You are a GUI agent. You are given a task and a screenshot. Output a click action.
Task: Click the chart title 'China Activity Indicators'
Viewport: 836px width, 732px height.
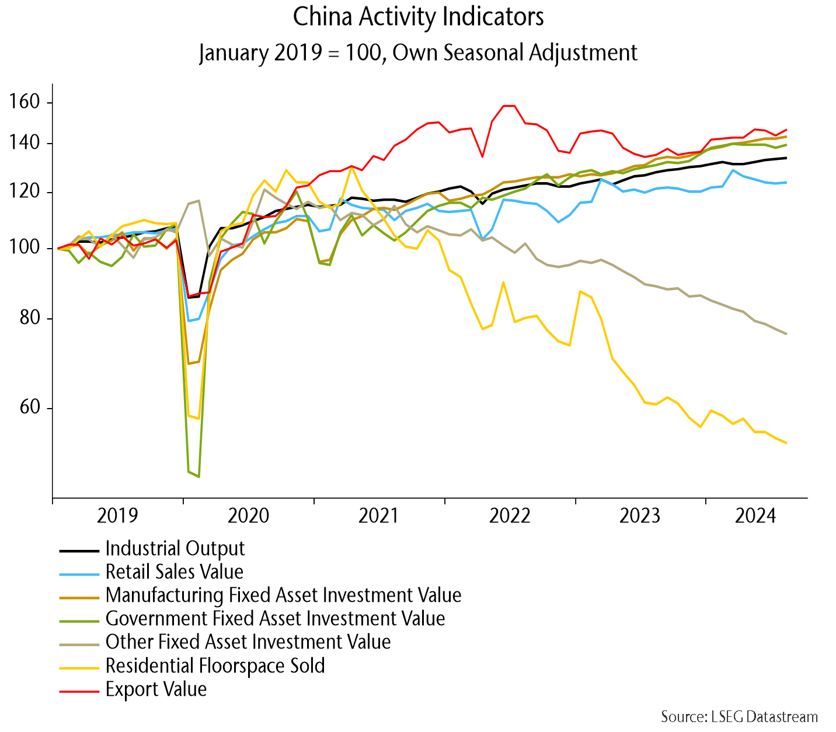click(418, 18)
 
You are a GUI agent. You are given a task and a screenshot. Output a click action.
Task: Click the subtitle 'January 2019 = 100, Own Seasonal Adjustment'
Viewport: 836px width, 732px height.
click(418, 53)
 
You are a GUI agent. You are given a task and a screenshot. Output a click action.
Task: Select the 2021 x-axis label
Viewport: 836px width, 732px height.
click(379, 516)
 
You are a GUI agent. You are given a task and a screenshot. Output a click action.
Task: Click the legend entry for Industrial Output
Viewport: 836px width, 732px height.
click(175, 549)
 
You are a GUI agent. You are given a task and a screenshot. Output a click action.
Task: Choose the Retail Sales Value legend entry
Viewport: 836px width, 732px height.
click(174, 572)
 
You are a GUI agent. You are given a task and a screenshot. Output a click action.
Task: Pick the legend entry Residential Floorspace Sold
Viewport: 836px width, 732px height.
click(215, 665)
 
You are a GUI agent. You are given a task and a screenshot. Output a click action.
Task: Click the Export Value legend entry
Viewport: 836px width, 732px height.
click(156, 689)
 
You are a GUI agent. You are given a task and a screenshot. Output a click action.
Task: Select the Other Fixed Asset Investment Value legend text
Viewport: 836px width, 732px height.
click(248, 642)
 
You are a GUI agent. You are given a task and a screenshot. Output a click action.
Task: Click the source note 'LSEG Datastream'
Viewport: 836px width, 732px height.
click(739, 716)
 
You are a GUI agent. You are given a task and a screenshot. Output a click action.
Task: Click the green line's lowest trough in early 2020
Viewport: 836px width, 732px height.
click(199, 477)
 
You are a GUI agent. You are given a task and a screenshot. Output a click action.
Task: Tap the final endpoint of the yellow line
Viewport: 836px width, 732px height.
click(786, 443)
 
